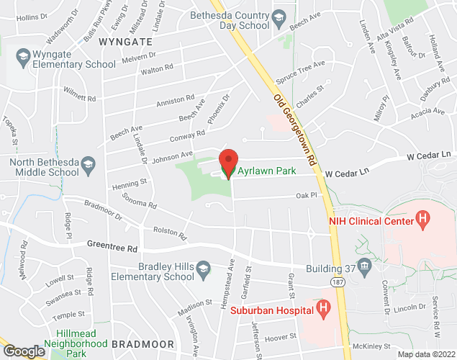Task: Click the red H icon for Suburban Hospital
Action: (x=323, y=310)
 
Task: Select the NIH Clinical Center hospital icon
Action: (x=423, y=216)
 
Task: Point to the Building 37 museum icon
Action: (x=365, y=267)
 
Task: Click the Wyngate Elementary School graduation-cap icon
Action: (x=22, y=55)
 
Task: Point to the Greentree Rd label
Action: (x=112, y=247)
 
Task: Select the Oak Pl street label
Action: (x=306, y=194)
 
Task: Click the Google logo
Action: (x=23, y=351)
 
